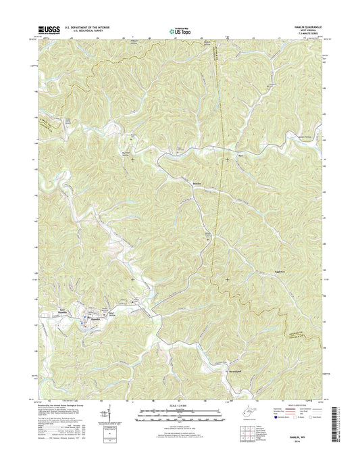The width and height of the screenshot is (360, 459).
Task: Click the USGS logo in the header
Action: pyautogui.click(x=51, y=30)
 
